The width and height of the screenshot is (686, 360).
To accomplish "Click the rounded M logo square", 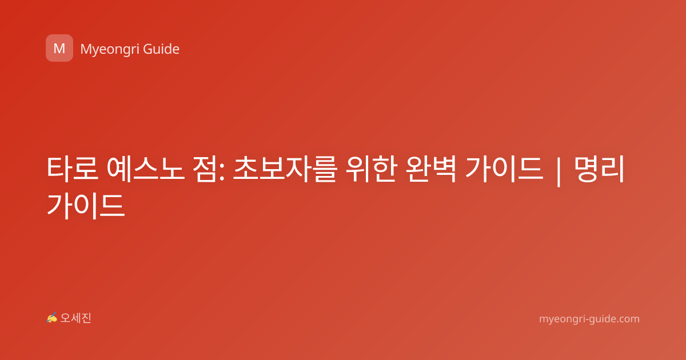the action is point(59,48).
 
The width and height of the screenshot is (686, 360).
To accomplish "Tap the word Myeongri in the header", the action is point(110,50).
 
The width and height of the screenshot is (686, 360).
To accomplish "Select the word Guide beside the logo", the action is point(161,49).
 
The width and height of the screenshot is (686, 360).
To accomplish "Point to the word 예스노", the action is point(146,169).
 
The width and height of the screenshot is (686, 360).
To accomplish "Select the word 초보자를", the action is point(285,169).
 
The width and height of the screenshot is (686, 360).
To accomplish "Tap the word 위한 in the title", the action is point(371,169).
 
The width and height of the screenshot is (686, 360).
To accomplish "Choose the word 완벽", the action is point(430,169).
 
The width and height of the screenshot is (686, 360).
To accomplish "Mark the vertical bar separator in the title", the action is point(559,171).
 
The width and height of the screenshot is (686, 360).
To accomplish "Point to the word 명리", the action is point(599,169).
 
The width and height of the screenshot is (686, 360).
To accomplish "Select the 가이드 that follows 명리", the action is point(86,206).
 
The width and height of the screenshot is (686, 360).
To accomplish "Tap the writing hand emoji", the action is point(52,318).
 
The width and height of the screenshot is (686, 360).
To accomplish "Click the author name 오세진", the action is point(75,318).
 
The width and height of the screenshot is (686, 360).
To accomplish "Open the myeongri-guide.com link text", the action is point(589,319).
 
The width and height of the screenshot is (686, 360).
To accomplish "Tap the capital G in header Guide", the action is point(148,49).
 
